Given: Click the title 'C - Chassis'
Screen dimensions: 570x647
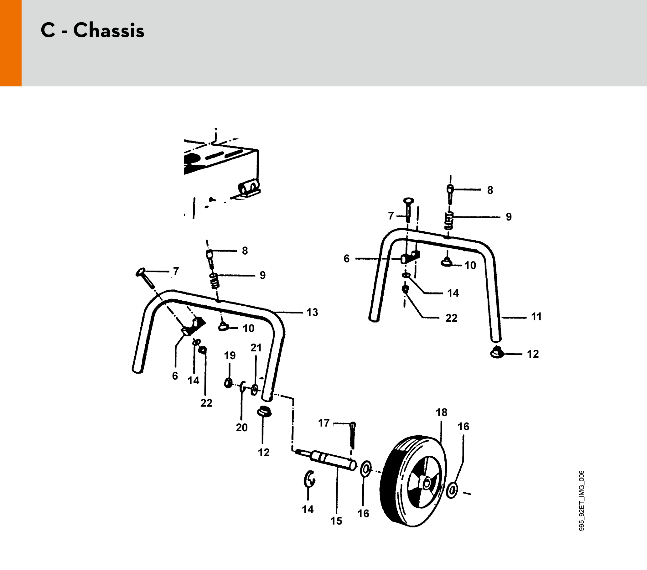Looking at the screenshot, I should (x=92, y=30).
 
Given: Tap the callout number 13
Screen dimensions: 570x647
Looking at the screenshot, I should (x=312, y=312).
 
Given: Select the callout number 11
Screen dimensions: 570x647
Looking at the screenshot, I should (x=536, y=317).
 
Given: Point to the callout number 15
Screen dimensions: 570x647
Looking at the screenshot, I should (x=336, y=521).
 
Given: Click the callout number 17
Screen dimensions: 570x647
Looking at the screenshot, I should (x=324, y=423).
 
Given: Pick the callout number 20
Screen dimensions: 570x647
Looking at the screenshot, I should (x=241, y=427).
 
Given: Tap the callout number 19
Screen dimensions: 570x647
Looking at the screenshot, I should (x=230, y=355).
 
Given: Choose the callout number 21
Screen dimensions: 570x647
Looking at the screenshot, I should (x=256, y=348).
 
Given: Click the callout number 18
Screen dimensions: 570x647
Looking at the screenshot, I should (x=442, y=412).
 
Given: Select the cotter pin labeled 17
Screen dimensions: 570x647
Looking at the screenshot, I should (x=353, y=435).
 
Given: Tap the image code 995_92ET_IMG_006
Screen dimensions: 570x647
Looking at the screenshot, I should (x=582, y=500).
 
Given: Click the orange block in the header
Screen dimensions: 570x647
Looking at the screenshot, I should (x=11, y=43).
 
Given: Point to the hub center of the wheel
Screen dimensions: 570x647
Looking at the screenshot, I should (x=426, y=483).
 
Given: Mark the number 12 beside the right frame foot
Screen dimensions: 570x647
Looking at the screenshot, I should (x=533, y=354).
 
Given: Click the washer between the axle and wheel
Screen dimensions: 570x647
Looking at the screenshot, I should (x=366, y=469).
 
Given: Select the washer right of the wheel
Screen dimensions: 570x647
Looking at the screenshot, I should (x=453, y=490).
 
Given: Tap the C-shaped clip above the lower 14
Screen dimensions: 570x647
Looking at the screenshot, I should (x=309, y=479).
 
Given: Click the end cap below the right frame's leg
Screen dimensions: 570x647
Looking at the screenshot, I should (x=497, y=352).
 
